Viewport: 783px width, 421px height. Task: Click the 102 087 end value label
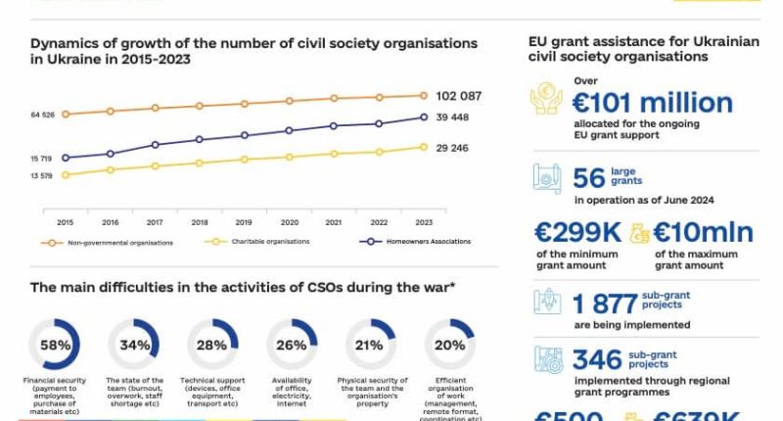(x=458, y=96)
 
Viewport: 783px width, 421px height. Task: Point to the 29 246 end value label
(x=452, y=148)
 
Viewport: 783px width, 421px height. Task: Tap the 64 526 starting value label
(x=42, y=116)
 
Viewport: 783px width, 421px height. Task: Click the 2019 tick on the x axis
(x=244, y=222)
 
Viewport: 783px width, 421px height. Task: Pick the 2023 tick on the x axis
(x=423, y=222)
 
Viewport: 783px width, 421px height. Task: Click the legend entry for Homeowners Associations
(x=422, y=241)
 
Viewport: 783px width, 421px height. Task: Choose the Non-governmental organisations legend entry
(x=108, y=242)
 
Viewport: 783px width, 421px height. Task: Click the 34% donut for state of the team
(x=135, y=345)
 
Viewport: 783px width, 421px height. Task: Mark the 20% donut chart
(x=449, y=345)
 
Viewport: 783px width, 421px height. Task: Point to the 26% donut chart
(x=292, y=345)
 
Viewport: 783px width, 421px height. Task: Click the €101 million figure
(x=653, y=103)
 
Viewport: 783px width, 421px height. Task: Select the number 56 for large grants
(x=589, y=178)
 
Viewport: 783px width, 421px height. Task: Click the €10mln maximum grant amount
(x=703, y=232)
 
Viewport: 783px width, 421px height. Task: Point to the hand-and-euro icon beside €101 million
(x=546, y=98)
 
